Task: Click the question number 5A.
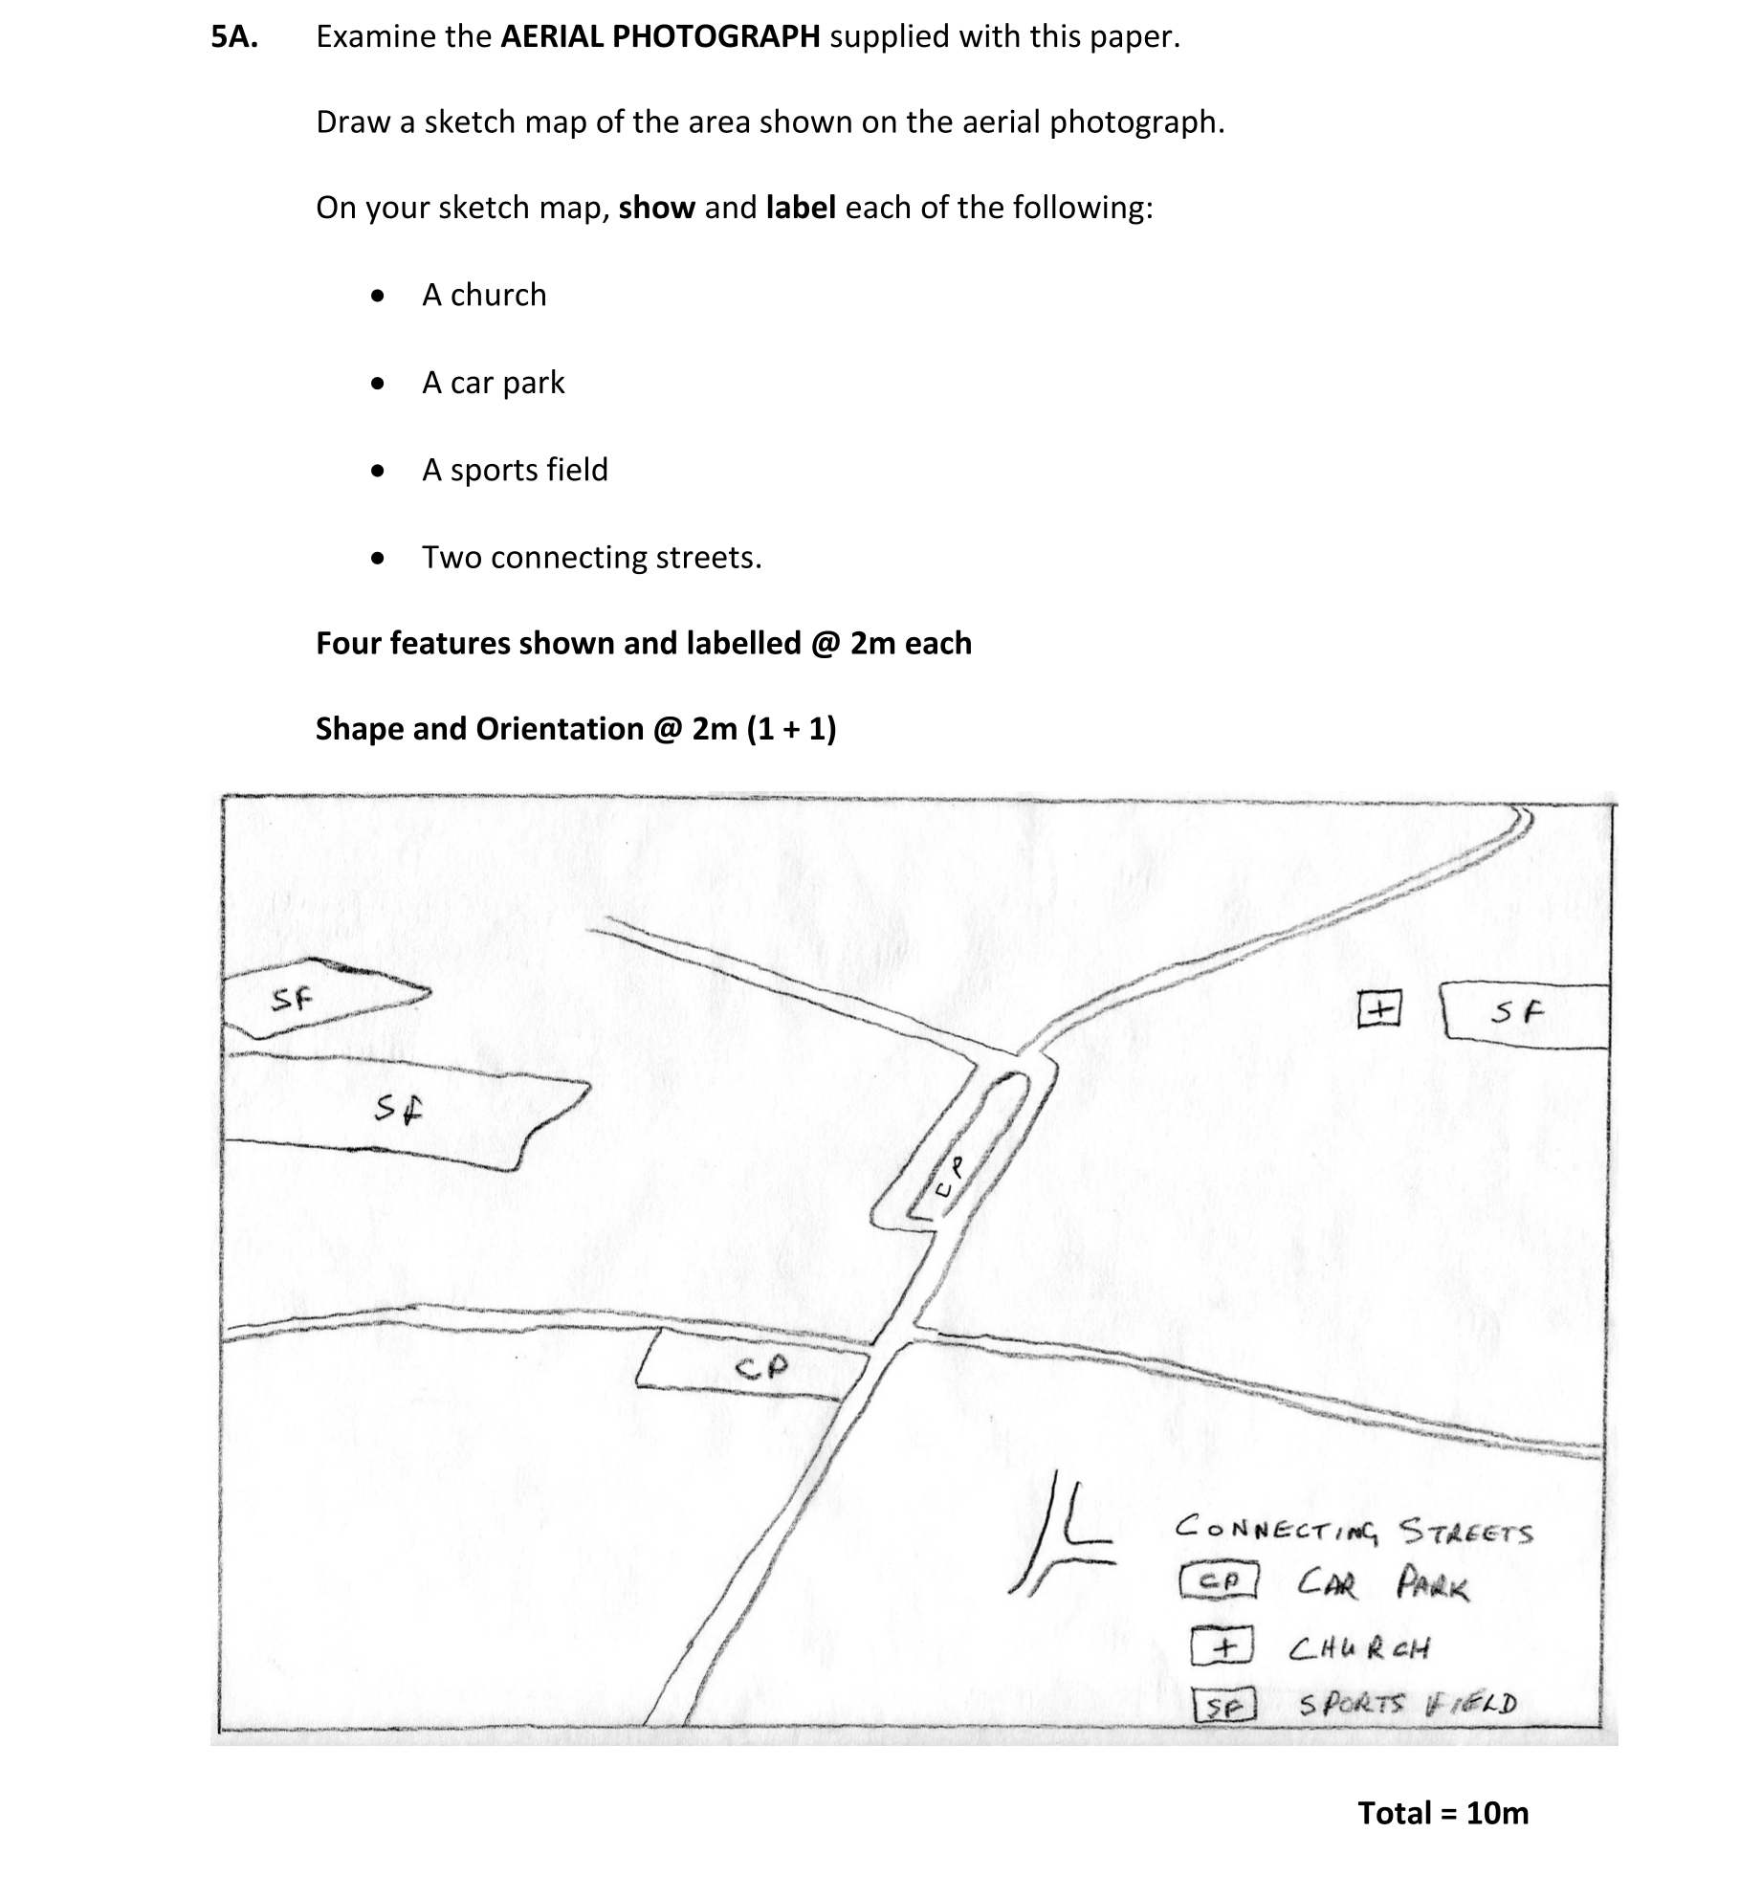click(x=234, y=37)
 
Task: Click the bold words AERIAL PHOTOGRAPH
click(x=660, y=37)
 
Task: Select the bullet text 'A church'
click(x=484, y=296)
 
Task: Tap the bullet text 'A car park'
click(x=493, y=383)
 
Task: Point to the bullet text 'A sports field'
click(x=515, y=471)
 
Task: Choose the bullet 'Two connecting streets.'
click(x=591, y=558)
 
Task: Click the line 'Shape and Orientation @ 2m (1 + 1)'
click(x=576, y=729)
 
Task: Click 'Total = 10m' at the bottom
click(x=1443, y=1813)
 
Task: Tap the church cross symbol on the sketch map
click(x=1378, y=1009)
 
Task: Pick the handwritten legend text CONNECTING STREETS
click(x=1353, y=1530)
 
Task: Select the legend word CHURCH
click(x=1358, y=1648)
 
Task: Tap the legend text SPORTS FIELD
click(x=1407, y=1704)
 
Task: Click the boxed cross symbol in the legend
click(x=1222, y=1647)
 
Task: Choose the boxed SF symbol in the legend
click(x=1223, y=1706)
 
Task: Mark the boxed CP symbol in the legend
click(x=1219, y=1581)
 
